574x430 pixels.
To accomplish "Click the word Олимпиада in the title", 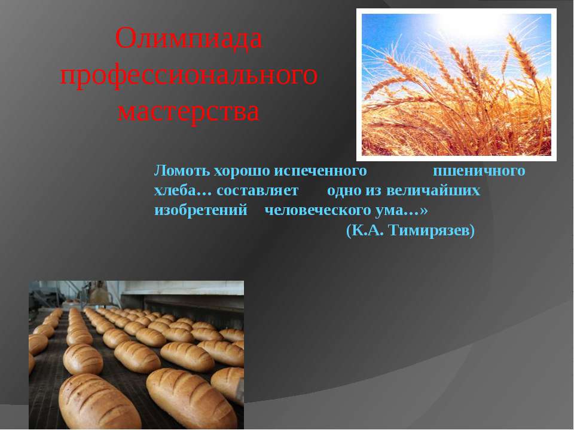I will [189, 39].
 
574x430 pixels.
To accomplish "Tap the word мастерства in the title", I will [189, 111].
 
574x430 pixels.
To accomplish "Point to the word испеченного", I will [320, 171].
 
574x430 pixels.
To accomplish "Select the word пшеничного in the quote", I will [480, 171].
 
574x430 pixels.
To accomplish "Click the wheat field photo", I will [456, 84].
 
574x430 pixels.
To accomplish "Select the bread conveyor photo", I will [136, 355].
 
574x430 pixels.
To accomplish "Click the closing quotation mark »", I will [424, 211].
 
